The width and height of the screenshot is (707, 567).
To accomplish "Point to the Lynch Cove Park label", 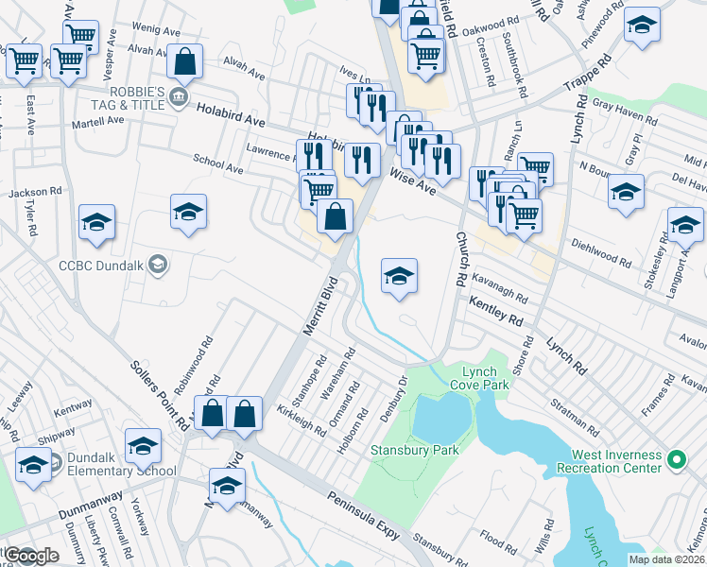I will coord(485,378).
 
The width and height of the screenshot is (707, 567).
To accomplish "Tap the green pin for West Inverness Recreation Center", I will coord(676,460).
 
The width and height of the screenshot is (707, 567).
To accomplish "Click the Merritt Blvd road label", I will coord(319,306).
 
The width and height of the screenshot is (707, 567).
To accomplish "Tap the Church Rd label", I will coord(461,260).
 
